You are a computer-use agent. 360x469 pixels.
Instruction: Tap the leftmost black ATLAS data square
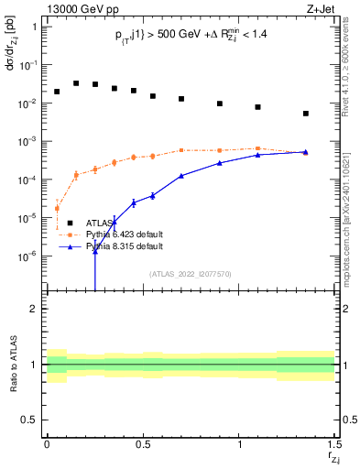tap(57, 92)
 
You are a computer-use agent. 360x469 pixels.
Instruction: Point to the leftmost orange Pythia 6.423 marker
tap(57, 208)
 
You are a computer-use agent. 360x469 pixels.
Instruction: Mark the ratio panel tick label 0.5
tap(30, 420)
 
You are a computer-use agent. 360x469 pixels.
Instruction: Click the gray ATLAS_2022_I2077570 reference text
tap(190, 273)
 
